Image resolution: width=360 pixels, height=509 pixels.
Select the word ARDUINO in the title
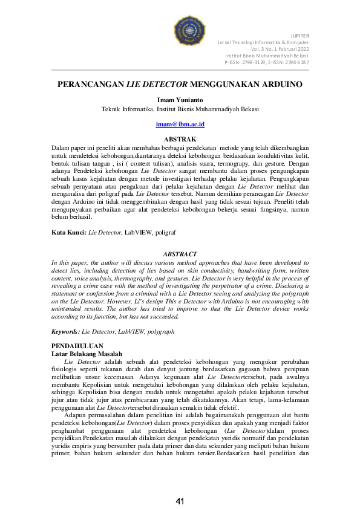point(278,85)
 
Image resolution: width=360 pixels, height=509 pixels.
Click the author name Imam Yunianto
point(180,100)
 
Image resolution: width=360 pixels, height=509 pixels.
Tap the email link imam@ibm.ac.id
point(180,124)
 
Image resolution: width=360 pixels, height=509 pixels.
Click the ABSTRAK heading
point(180,138)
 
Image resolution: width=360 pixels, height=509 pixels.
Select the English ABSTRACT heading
point(180,254)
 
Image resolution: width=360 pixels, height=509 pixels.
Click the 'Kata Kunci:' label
point(68,232)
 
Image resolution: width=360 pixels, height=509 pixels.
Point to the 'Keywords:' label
point(66,331)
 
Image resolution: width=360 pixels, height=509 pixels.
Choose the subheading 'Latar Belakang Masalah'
point(87,353)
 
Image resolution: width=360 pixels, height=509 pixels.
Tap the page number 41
point(180,501)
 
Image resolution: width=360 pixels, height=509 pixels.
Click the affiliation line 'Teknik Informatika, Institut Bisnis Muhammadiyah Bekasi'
point(180,109)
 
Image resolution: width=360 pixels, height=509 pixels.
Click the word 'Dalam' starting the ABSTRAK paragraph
point(60,147)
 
